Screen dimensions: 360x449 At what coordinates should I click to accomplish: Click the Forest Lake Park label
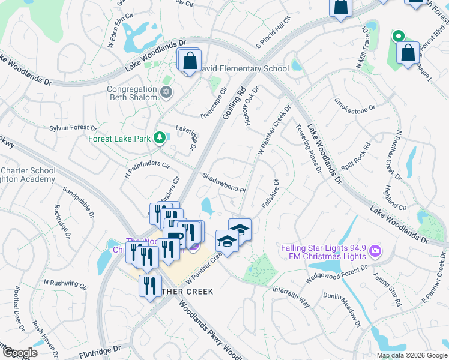[x=120, y=138]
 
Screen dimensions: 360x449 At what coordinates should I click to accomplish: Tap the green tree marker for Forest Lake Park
[x=160, y=138]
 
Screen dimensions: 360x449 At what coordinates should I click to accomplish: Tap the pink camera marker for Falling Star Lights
[x=375, y=251]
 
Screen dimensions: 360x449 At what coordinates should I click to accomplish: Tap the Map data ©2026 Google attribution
[x=411, y=355]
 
